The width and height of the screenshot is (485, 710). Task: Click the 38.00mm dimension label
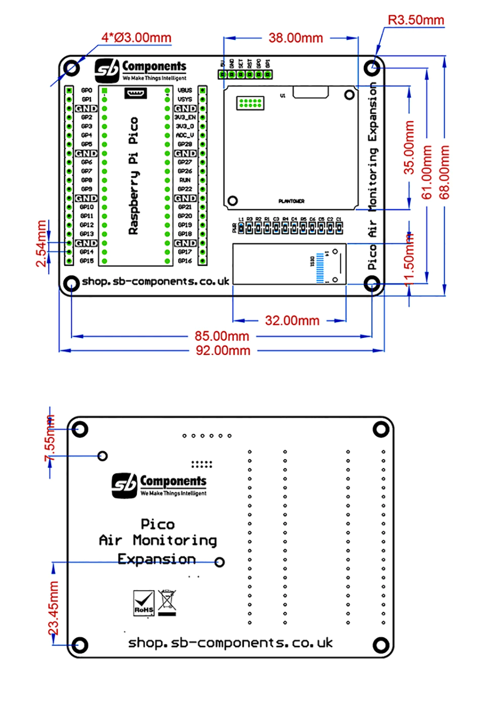pos(296,38)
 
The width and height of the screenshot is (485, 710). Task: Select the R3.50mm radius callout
pos(415,20)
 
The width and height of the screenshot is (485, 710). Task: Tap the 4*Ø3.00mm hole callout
pos(136,38)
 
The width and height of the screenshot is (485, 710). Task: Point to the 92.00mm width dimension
pos(223,350)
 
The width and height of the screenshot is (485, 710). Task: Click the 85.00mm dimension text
pos(222,336)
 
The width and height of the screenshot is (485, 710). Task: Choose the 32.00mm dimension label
pos(292,321)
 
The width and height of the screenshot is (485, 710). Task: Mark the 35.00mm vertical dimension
pos(409,147)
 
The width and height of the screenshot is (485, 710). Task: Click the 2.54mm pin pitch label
pos(41,243)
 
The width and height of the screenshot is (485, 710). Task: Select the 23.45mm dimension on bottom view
pos(54,607)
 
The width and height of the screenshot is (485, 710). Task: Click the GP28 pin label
pos(185,144)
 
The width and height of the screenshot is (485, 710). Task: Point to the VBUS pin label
pos(185,90)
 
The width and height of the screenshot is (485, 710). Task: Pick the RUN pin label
pos(185,180)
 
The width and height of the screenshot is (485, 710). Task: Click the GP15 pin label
pos(86,261)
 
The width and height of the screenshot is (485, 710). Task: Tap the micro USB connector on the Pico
pos(135,93)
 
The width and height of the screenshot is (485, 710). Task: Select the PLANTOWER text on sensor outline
pos(292,201)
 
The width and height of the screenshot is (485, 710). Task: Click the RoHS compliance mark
pos(144,603)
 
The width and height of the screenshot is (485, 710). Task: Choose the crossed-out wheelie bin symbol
pos(167,602)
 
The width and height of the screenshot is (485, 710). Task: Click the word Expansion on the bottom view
pos(157,560)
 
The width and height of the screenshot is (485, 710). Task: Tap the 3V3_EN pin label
pos(185,118)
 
